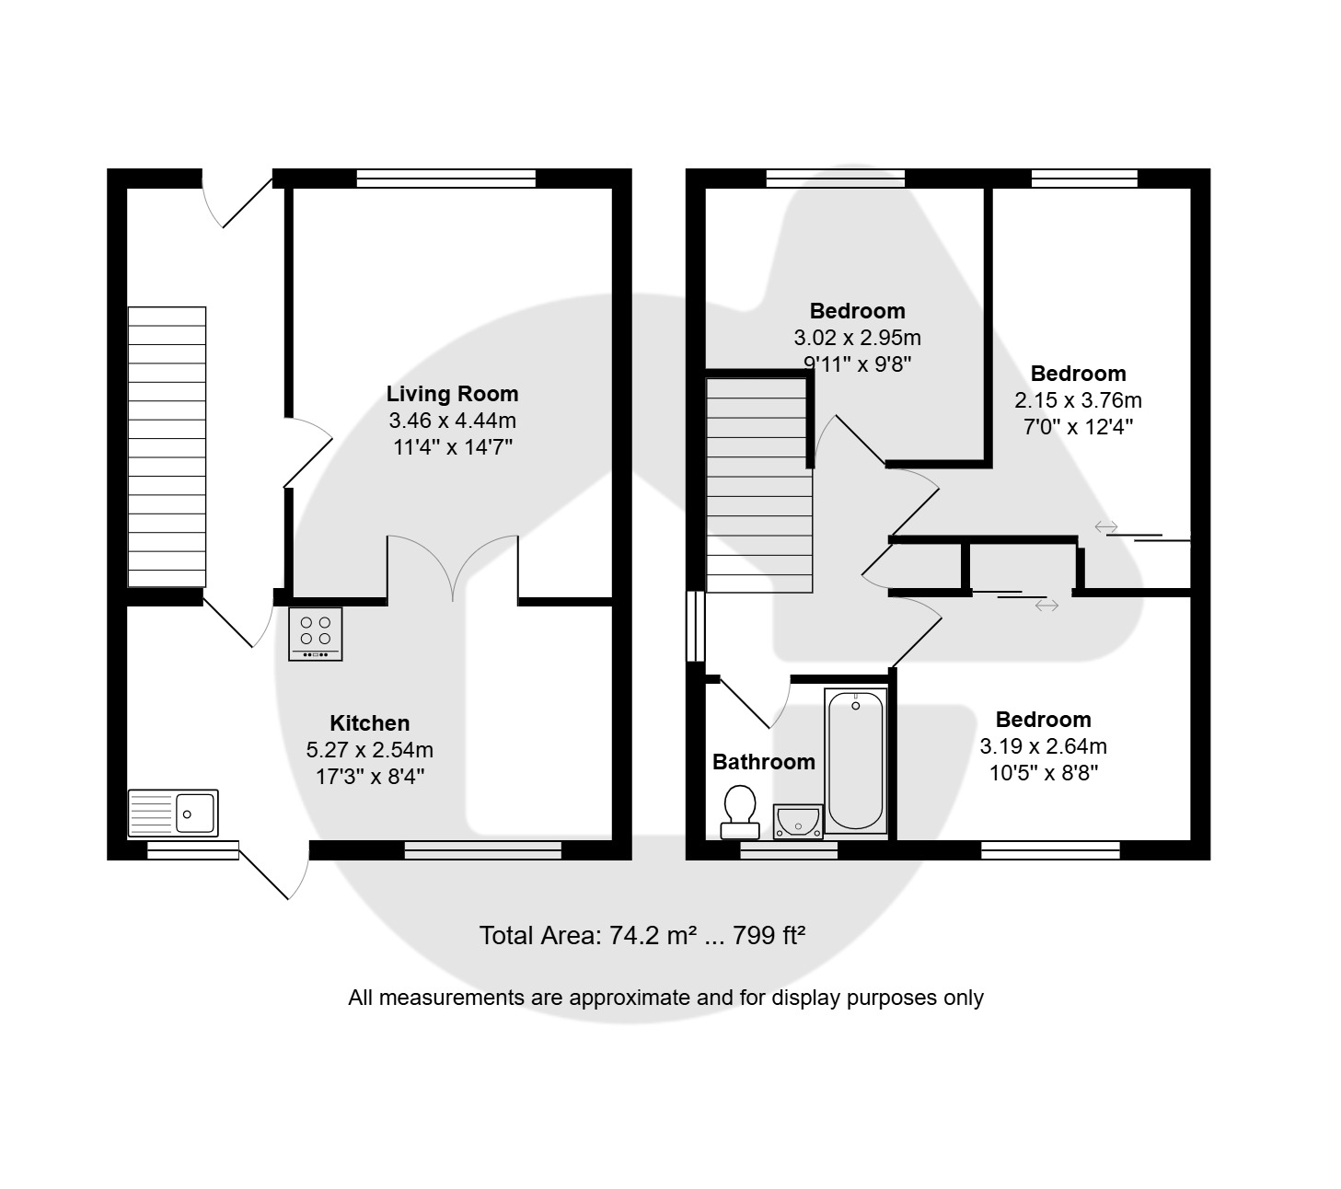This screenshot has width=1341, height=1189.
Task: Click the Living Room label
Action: pyautogui.click(x=452, y=394)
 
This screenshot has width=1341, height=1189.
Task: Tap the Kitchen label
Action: pyautogui.click(x=369, y=722)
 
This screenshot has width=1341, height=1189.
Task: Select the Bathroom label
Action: pyautogui.click(x=763, y=762)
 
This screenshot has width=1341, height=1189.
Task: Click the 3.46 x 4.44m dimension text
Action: pyautogui.click(x=452, y=421)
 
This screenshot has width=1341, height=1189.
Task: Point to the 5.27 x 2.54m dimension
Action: pyautogui.click(x=369, y=749)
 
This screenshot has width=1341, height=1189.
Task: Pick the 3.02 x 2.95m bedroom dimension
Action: pyautogui.click(x=857, y=338)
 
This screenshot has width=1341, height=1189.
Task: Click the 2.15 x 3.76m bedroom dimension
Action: pyautogui.click(x=1078, y=400)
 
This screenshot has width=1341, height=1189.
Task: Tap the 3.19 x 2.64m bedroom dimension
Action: pyautogui.click(x=1043, y=746)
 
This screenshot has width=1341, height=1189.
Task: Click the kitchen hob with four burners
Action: pyautogui.click(x=315, y=634)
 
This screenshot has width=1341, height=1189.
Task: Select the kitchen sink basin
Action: pyautogui.click(x=173, y=813)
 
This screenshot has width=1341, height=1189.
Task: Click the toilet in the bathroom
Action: pyautogui.click(x=740, y=812)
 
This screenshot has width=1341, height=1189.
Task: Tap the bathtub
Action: pyautogui.click(x=855, y=760)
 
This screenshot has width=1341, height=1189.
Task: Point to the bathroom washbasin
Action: pyautogui.click(x=798, y=821)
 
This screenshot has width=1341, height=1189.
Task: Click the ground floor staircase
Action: pyautogui.click(x=167, y=447)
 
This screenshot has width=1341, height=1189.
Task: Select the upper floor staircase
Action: pyautogui.click(x=759, y=485)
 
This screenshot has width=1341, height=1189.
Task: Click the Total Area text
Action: pyautogui.click(x=642, y=935)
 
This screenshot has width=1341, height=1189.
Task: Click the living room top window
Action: pyautogui.click(x=446, y=179)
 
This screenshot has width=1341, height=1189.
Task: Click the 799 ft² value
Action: pyautogui.click(x=769, y=935)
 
